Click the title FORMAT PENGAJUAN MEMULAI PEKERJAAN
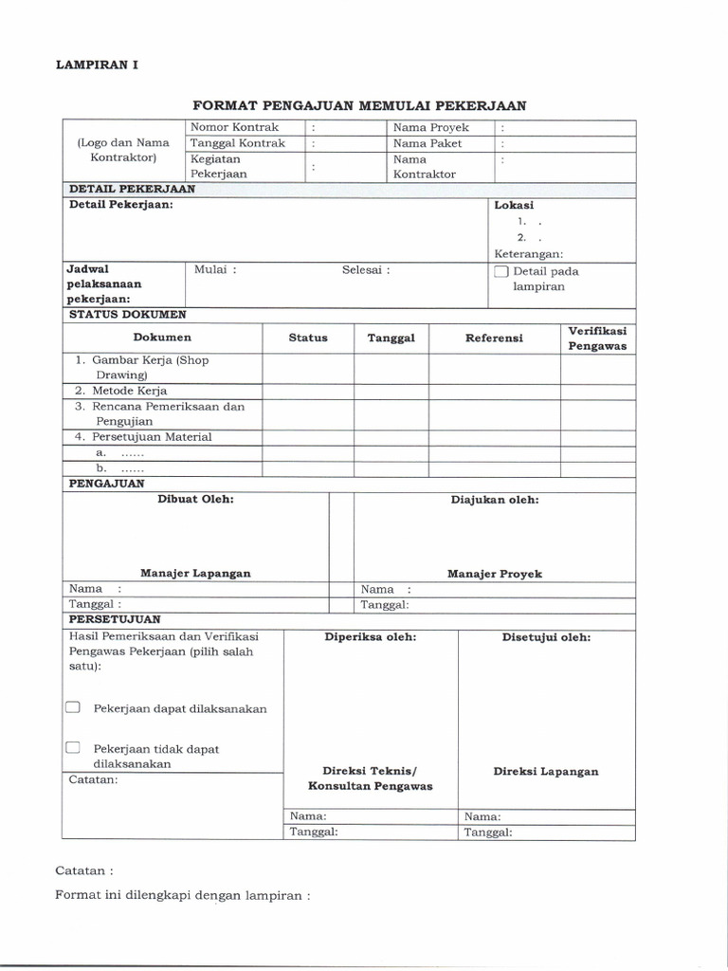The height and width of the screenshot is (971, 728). [359, 105]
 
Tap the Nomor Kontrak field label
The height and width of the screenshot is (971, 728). [235, 126]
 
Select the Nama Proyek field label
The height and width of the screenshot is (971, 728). [431, 126]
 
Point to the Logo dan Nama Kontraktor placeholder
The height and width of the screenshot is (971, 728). [123, 150]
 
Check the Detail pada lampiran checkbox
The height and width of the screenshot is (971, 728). [500, 271]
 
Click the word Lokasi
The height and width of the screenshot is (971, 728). [514, 205]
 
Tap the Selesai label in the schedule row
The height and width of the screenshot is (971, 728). [366, 269]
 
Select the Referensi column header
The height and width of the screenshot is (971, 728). [494, 338]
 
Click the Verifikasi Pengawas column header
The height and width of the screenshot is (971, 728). [597, 338]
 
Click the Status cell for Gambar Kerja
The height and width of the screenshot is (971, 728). [308, 367]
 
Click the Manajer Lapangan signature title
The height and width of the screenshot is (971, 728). [195, 574]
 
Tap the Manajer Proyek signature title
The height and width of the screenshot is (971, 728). [495, 574]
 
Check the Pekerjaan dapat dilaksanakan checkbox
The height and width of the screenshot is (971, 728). [73, 707]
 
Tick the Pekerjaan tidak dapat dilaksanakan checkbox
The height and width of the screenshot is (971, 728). [73, 748]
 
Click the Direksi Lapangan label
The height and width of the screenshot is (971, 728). [546, 771]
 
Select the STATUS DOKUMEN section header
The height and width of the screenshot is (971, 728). [127, 314]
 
